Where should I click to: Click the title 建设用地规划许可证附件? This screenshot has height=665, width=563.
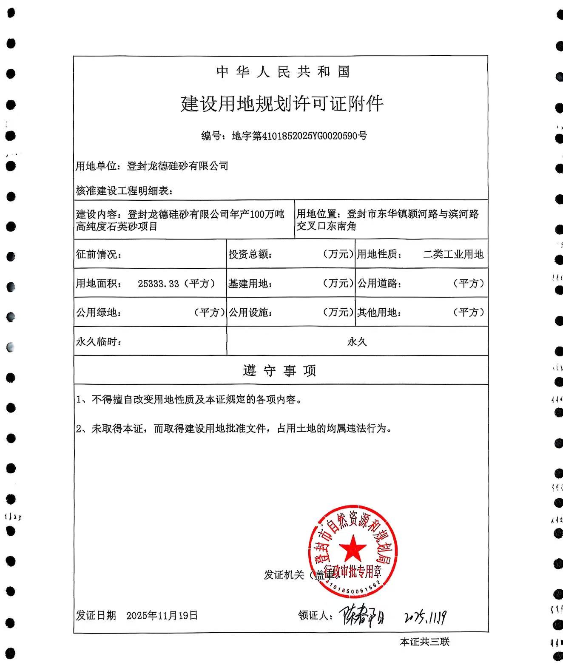click(282, 104)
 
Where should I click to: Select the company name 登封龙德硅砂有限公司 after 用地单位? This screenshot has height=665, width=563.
click(177, 166)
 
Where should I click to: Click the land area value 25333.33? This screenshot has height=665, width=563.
click(158, 284)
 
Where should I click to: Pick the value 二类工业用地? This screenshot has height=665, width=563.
click(453, 254)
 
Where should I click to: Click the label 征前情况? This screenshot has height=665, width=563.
click(99, 254)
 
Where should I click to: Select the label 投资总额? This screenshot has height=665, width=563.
click(250, 254)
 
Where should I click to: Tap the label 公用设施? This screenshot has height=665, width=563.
click(250, 313)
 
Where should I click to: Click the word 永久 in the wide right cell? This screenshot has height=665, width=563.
click(357, 342)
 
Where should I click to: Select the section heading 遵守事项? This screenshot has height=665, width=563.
click(280, 371)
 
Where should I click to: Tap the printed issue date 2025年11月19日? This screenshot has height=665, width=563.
click(162, 615)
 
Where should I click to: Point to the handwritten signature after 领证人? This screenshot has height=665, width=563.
click(361, 615)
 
